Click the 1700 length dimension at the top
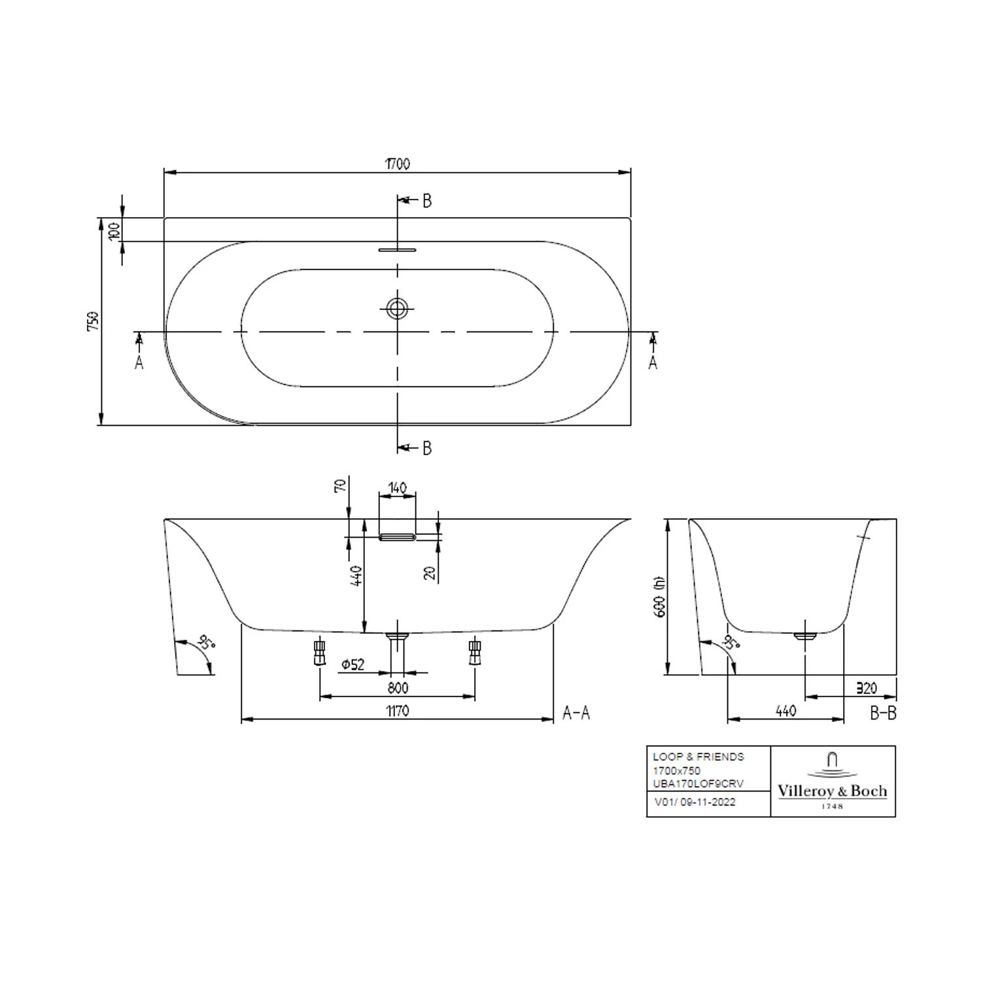[x=397, y=163]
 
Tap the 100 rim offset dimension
[x=114, y=230]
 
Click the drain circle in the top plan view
[x=397, y=308]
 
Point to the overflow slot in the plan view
[x=397, y=249]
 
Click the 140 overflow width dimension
[x=397, y=488]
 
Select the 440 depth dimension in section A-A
[x=356, y=576]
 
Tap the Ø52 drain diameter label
[x=353, y=664]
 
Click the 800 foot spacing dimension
[x=397, y=687]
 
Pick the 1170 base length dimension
[x=397, y=710]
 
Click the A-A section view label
[x=576, y=713]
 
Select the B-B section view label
[x=883, y=713]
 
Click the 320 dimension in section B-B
[x=867, y=688]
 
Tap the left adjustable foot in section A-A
[x=319, y=652]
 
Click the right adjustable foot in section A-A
[x=475, y=652]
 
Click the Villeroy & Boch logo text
[x=832, y=791]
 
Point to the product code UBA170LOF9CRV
[x=698, y=783]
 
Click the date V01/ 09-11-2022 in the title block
[x=695, y=802]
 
